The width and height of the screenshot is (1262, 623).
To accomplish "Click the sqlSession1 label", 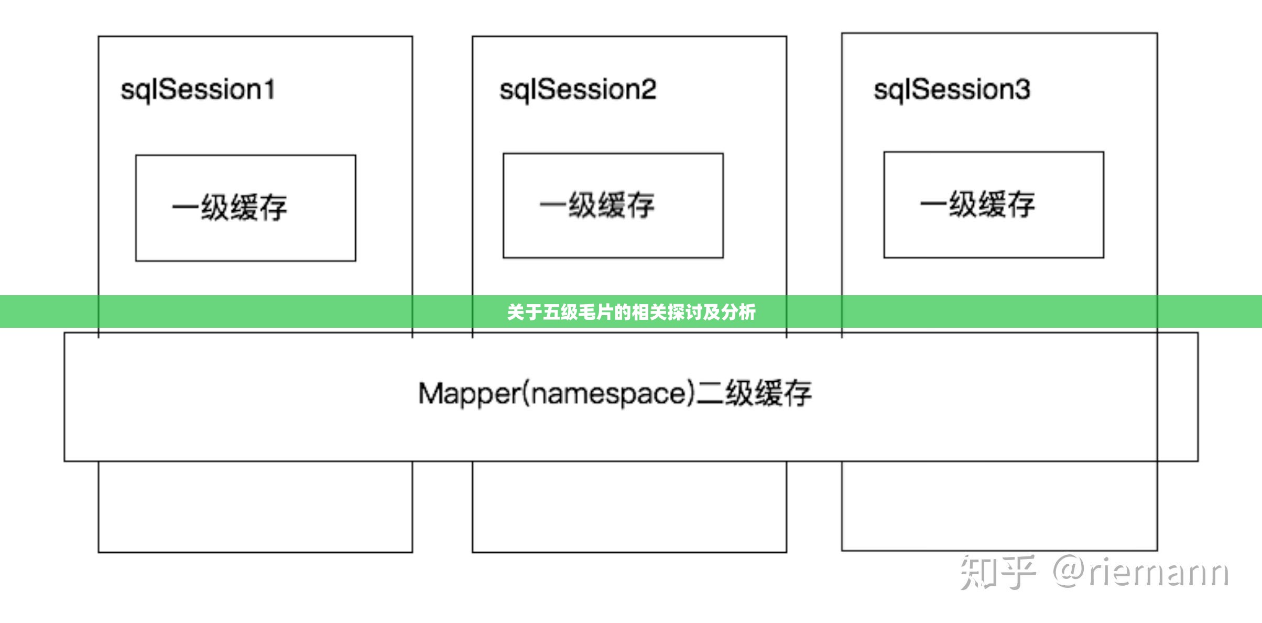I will (x=198, y=90).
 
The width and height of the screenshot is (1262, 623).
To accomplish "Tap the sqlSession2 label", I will (x=578, y=90).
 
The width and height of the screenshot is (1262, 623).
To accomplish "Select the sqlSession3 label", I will (x=952, y=90).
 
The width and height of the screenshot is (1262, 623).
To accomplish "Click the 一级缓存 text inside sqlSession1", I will (x=230, y=208).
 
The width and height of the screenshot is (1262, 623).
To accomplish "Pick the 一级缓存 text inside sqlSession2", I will (x=597, y=205).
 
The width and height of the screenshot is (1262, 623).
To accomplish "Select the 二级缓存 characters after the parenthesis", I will (x=755, y=393).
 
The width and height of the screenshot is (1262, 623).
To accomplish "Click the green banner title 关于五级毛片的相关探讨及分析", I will (x=631, y=312).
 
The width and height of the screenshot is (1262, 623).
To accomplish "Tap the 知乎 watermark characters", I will (x=997, y=572).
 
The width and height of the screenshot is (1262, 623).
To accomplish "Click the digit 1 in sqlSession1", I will (x=269, y=89).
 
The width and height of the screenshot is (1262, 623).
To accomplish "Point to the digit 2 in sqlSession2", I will (x=648, y=89).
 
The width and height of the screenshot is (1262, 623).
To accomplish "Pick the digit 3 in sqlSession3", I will (x=1022, y=89).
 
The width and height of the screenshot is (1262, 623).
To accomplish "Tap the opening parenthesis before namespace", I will (x=526, y=393).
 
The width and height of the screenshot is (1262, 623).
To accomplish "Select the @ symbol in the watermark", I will (x=1070, y=572).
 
